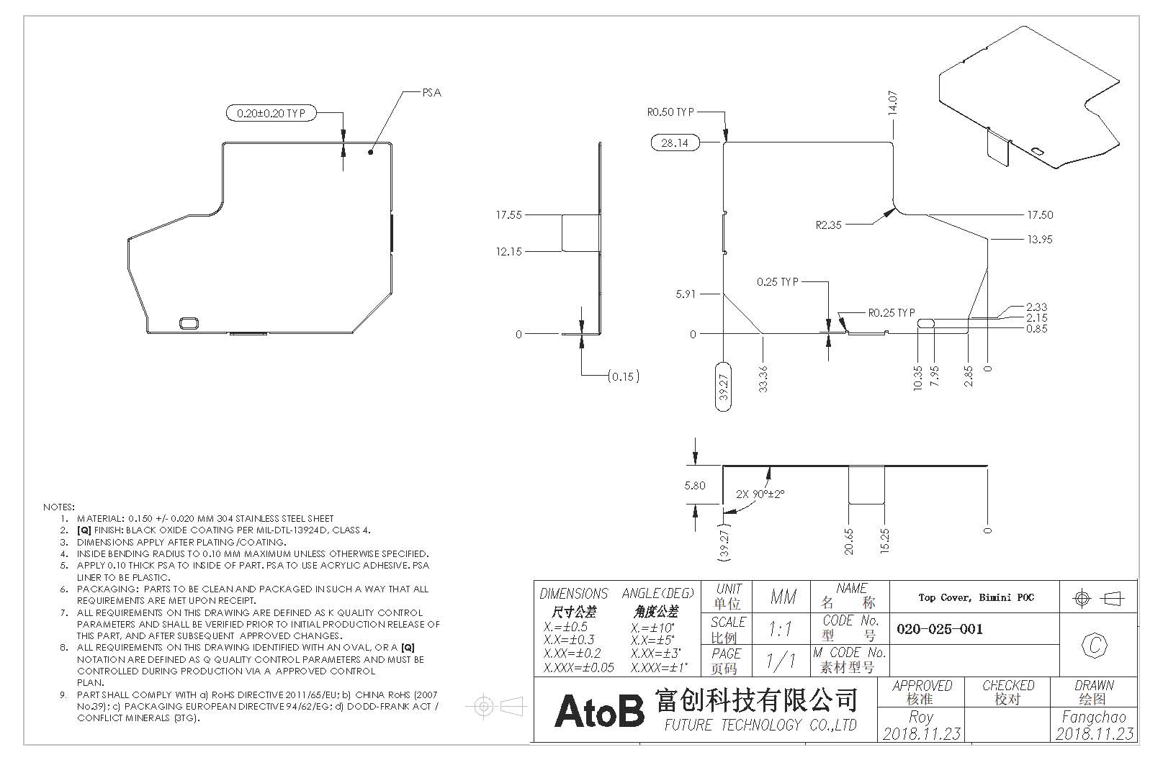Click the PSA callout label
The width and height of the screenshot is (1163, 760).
coord(431,93)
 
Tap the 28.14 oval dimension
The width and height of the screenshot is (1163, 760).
coord(675,142)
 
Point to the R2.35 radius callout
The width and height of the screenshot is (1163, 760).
coord(829,225)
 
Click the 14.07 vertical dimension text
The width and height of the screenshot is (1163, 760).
coord(892,104)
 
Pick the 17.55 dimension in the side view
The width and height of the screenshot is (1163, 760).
coord(508,214)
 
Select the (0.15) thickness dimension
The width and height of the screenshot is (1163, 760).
coord(623,376)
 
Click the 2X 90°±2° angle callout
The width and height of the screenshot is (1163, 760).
coord(760,494)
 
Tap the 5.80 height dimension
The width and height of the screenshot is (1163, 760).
coord(695,486)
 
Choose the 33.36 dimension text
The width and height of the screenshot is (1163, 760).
coord(763,379)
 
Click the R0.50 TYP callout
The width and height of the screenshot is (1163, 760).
coord(670,112)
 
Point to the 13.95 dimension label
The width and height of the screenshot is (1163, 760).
coord(1039,240)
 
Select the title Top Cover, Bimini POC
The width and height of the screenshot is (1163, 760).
coord(975,597)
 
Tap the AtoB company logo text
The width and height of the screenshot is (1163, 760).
coord(598,710)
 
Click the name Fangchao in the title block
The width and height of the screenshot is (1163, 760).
coord(1094,718)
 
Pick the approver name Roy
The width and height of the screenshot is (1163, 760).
coord(920,718)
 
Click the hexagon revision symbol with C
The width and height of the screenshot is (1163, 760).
coord(1095,646)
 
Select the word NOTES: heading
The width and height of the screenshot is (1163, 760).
coord(59,507)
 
